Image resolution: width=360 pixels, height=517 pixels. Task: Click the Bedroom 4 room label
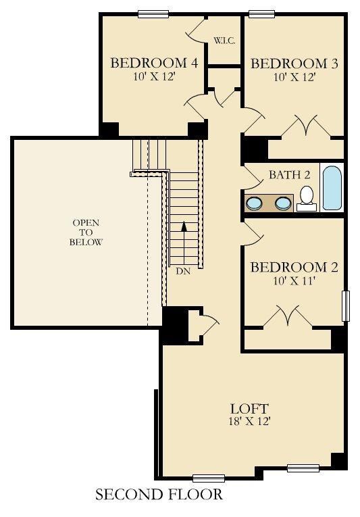click(x=154, y=63)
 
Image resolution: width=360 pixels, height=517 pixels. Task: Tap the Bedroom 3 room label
click(x=294, y=64)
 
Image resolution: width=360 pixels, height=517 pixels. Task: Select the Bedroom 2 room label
click(x=294, y=267)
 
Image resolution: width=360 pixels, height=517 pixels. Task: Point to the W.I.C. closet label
click(x=224, y=41)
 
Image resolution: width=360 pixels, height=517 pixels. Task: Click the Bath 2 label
click(x=290, y=174)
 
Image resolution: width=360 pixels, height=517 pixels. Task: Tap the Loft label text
click(x=249, y=409)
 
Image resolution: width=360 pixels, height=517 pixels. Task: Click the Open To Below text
click(x=86, y=232)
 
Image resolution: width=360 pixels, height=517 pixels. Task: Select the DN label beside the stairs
click(x=183, y=271)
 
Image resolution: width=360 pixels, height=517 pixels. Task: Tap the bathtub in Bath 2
click(x=332, y=188)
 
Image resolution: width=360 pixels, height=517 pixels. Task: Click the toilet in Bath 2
click(x=307, y=198)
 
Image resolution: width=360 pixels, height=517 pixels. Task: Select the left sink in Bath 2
click(x=254, y=203)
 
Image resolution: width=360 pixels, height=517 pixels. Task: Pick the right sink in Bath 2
click(x=283, y=203)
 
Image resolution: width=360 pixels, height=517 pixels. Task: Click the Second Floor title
click(x=159, y=495)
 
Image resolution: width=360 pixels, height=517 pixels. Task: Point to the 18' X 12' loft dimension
click(x=249, y=421)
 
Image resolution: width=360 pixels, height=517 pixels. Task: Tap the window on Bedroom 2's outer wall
click(x=346, y=306)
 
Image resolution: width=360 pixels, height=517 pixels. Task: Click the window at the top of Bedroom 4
click(x=153, y=14)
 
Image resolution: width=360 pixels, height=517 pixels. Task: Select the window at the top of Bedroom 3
click(x=262, y=14)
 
